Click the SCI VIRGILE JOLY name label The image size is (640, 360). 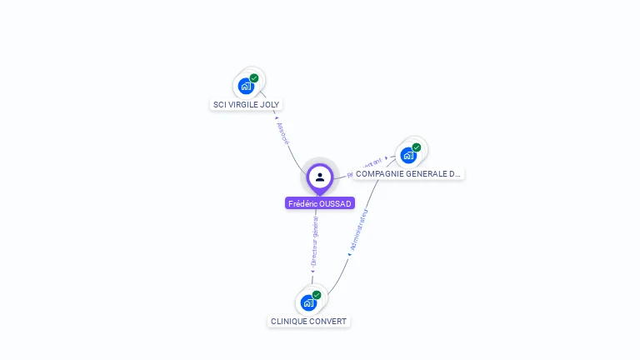[x=247, y=105]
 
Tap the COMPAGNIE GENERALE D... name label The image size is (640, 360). [x=408, y=174]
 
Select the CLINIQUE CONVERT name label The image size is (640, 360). [x=308, y=322]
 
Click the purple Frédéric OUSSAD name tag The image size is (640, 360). [x=320, y=203]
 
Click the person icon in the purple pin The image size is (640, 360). [x=320, y=177]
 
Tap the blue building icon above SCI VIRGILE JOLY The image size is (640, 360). [x=245, y=86]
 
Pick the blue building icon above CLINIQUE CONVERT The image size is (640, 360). [x=307, y=302]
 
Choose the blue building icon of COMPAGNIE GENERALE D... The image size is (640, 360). [x=407, y=155]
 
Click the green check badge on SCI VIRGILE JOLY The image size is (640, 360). [x=254, y=78]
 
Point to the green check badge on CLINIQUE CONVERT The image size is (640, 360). [x=317, y=295]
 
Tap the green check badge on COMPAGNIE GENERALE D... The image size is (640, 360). [x=417, y=147]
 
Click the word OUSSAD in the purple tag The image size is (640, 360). [x=335, y=203]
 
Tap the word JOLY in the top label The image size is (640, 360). [x=270, y=105]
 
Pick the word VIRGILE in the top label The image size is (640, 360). [x=243, y=105]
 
